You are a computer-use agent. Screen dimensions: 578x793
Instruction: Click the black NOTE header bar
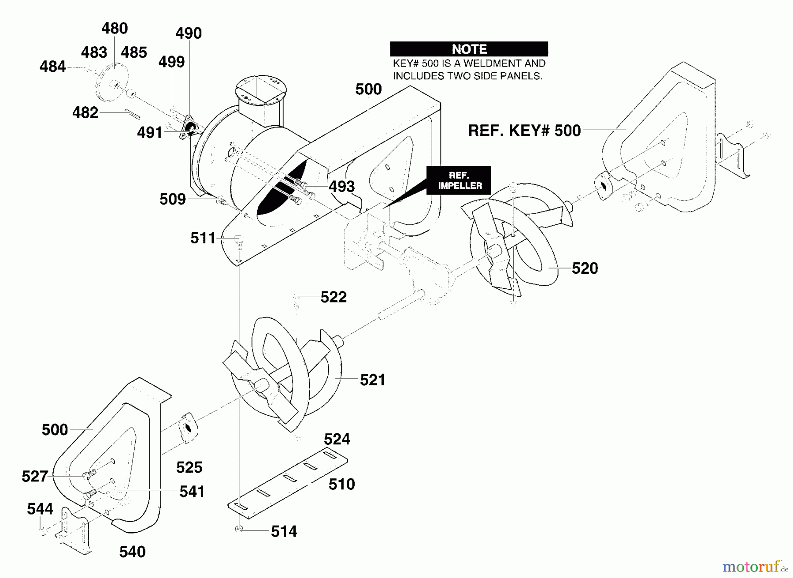click(x=469, y=49)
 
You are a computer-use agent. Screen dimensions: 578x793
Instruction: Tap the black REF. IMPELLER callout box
click(x=459, y=180)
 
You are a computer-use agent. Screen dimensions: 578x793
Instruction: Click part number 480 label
click(x=115, y=29)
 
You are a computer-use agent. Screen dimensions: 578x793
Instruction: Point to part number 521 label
click(x=373, y=380)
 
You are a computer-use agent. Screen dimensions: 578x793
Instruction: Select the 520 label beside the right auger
click(x=585, y=268)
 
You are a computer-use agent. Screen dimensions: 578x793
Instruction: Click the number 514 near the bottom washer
click(x=284, y=532)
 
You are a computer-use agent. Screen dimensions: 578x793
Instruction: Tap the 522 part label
click(x=334, y=297)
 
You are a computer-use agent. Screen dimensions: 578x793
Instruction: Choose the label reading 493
click(x=342, y=186)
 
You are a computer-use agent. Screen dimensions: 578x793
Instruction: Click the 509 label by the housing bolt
click(x=173, y=199)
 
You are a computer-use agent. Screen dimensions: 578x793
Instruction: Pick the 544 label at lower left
click(x=40, y=509)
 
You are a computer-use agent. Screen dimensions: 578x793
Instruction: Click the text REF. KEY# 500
click(x=524, y=131)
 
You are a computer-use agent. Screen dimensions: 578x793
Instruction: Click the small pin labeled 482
click(x=133, y=114)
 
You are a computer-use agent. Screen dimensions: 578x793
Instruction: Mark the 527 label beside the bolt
click(x=35, y=477)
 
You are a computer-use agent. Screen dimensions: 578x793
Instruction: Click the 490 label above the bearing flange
click(x=189, y=34)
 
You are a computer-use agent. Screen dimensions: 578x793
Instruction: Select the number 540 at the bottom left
click(x=133, y=552)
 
